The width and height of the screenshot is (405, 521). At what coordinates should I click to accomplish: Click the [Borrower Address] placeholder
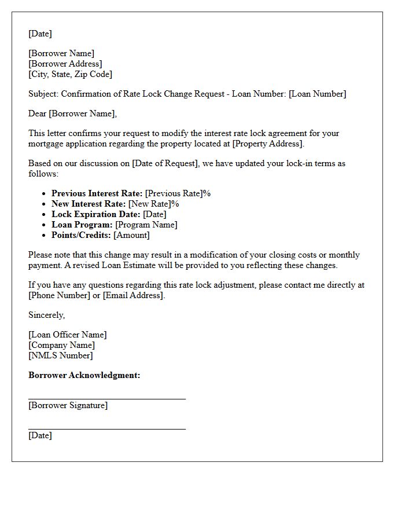pyautogui.click(x=65, y=64)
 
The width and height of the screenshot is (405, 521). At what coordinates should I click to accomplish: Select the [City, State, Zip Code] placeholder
pyautogui.click(x=70, y=74)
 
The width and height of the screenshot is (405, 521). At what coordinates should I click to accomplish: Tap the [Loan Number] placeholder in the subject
pyautogui.click(x=318, y=94)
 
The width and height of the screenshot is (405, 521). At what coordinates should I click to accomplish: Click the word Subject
pyautogui.click(x=43, y=94)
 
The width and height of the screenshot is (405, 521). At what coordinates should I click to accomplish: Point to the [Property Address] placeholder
pyautogui.click(x=268, y=144)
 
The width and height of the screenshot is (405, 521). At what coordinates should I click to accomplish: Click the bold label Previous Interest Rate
pyautogui.click(x=97, y=193)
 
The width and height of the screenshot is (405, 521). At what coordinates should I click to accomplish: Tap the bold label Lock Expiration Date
pyautogui.click(x=95, y=214)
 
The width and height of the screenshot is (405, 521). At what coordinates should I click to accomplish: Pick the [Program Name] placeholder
pyautogui.click(x=146, y=225)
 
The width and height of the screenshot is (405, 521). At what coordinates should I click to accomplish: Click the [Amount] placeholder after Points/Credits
pyautogui.click(x=131, y=235)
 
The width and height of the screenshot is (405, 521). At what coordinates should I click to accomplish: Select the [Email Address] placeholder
pyautogui.click(x=134, y=295)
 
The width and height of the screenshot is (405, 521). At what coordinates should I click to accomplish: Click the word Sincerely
pyautogui.click(x=46, y=315)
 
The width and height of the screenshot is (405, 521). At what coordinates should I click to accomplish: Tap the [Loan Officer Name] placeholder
pyautogui.click(x=68, y=335)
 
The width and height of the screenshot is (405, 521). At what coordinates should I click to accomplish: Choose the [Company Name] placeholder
pyautogui.click(x=61, y=345)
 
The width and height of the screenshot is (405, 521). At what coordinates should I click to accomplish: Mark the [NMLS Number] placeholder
pyautogui.click(x=60, y=355)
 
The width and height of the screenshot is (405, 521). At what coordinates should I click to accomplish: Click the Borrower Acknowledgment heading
pyautogui.click(x=84, y=375)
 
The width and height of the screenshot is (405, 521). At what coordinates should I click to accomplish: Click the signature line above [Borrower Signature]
pyautogui.click(x=107, y=399)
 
